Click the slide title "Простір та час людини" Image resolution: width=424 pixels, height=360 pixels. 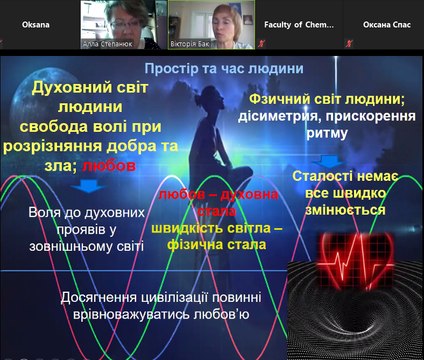pos(224,69)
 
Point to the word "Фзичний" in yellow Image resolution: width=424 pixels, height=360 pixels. pos(276,100)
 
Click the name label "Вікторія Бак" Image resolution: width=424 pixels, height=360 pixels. pos(190,44)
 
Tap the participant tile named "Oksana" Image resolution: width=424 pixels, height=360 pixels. pos(36,25)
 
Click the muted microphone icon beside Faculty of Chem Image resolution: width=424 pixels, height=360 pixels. pos(262,44)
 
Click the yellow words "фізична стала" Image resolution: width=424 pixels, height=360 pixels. pos(217,244)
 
